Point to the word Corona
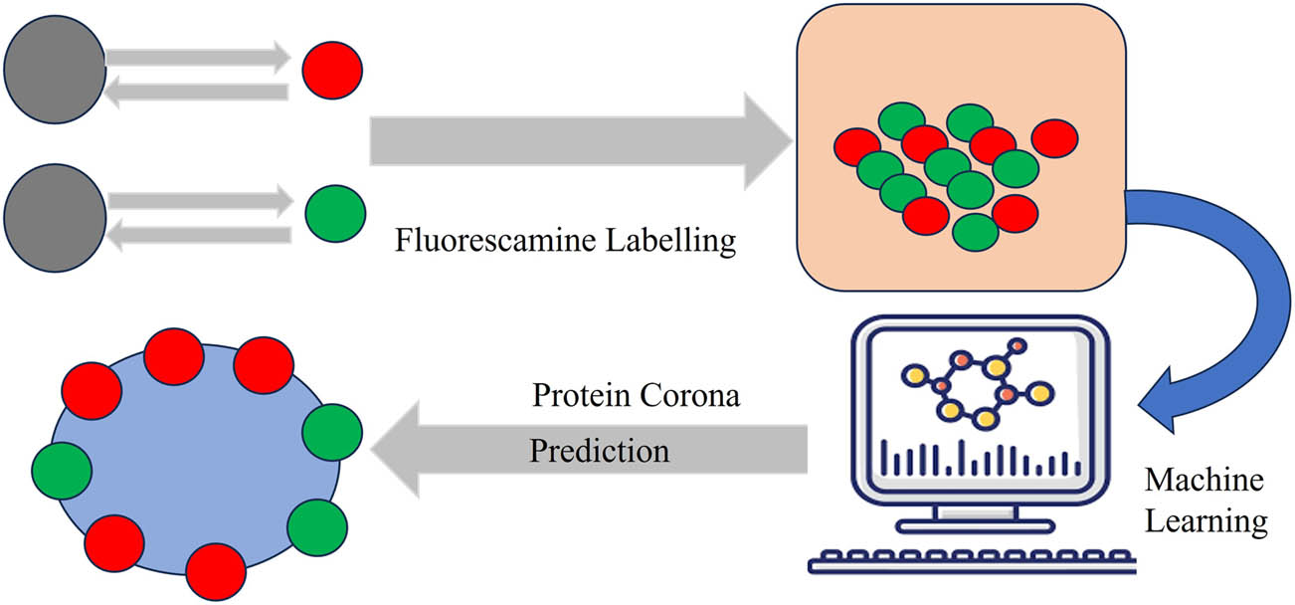(x=695, y=395)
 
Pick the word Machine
(x=1203, y=481)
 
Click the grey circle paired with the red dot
(x=54, y=70)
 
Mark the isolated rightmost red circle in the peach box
(x=1055, y=138)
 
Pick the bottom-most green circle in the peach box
(x=975, y=231)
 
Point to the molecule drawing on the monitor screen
(x=975, y=386)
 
